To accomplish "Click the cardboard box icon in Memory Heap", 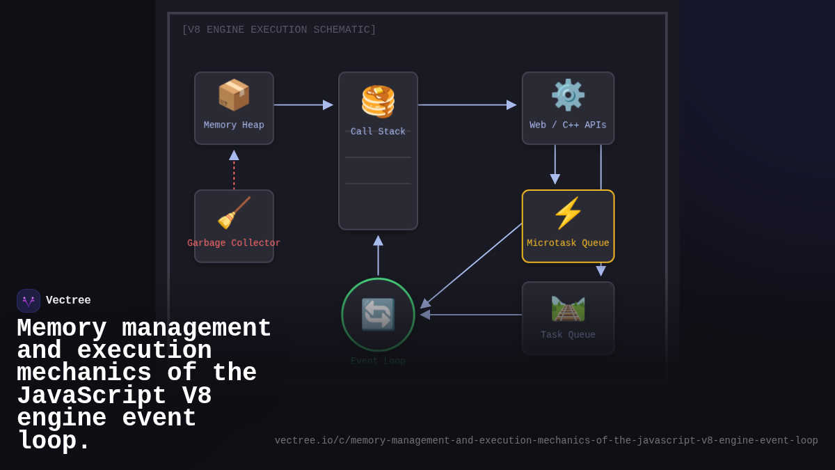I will click(234, 95).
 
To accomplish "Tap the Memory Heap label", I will click(234, 125).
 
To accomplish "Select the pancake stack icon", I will click(378, 102).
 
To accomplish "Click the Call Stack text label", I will click(378, 132).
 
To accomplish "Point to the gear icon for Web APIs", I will click(568, 95).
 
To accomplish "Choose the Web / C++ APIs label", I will click(568, 125).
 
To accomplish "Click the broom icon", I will click(234, 213).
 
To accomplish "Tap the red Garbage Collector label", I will click(234, 243).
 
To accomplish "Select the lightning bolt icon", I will click(568, 213).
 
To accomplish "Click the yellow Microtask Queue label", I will click(568, 243).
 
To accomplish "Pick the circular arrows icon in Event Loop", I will click(378, 314).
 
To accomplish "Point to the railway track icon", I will click(568, 308).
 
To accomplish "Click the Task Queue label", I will click(568, 335).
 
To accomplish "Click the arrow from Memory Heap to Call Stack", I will click(303, 105).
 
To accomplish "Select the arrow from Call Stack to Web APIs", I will click(467, 105).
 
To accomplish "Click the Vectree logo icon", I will click(29, 301).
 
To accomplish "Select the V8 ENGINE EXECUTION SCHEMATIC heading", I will click(278, 30).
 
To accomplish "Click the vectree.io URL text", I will click(546, 441).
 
